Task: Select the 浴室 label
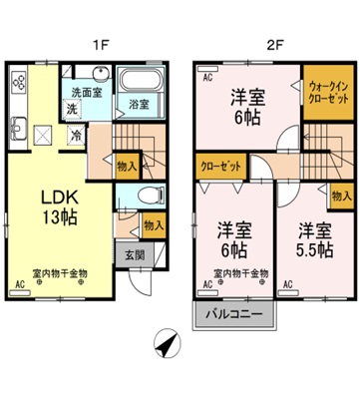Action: pyautogui.click(x=136, y=104)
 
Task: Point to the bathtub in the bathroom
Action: pyautogui.click(x=137, y=82)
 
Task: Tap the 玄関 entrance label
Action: pyautogui.click(x=134, y=254)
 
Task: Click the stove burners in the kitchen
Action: pyautogui.click(x=18, y=82)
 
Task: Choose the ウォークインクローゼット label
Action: pyautogui.click(x=324, y=94)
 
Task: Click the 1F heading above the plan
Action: pyautogui.click(x=101, y=44)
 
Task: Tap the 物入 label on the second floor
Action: pyautogui.click(x=340, y=197)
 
